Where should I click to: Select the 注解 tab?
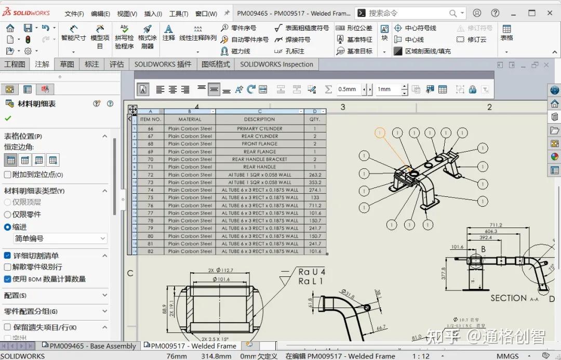(42, 64)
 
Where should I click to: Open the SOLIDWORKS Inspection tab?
(276, 64)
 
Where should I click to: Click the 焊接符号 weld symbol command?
(292, 39)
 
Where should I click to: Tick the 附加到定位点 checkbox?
(8, 175)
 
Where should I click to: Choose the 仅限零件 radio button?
(8, 215)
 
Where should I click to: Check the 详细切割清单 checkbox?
(8, 256)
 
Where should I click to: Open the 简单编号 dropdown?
(60, 238)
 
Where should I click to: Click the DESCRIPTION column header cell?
(259, 119)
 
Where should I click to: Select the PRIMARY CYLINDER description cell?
(259, 128)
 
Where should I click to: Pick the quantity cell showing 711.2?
(315, 205)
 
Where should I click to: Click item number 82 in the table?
(151, 251)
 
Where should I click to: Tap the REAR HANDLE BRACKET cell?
(259, 159)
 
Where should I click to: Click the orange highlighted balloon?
(380, 134)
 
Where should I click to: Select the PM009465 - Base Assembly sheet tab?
(90, 346)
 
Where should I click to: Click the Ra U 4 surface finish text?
(311, 272)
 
